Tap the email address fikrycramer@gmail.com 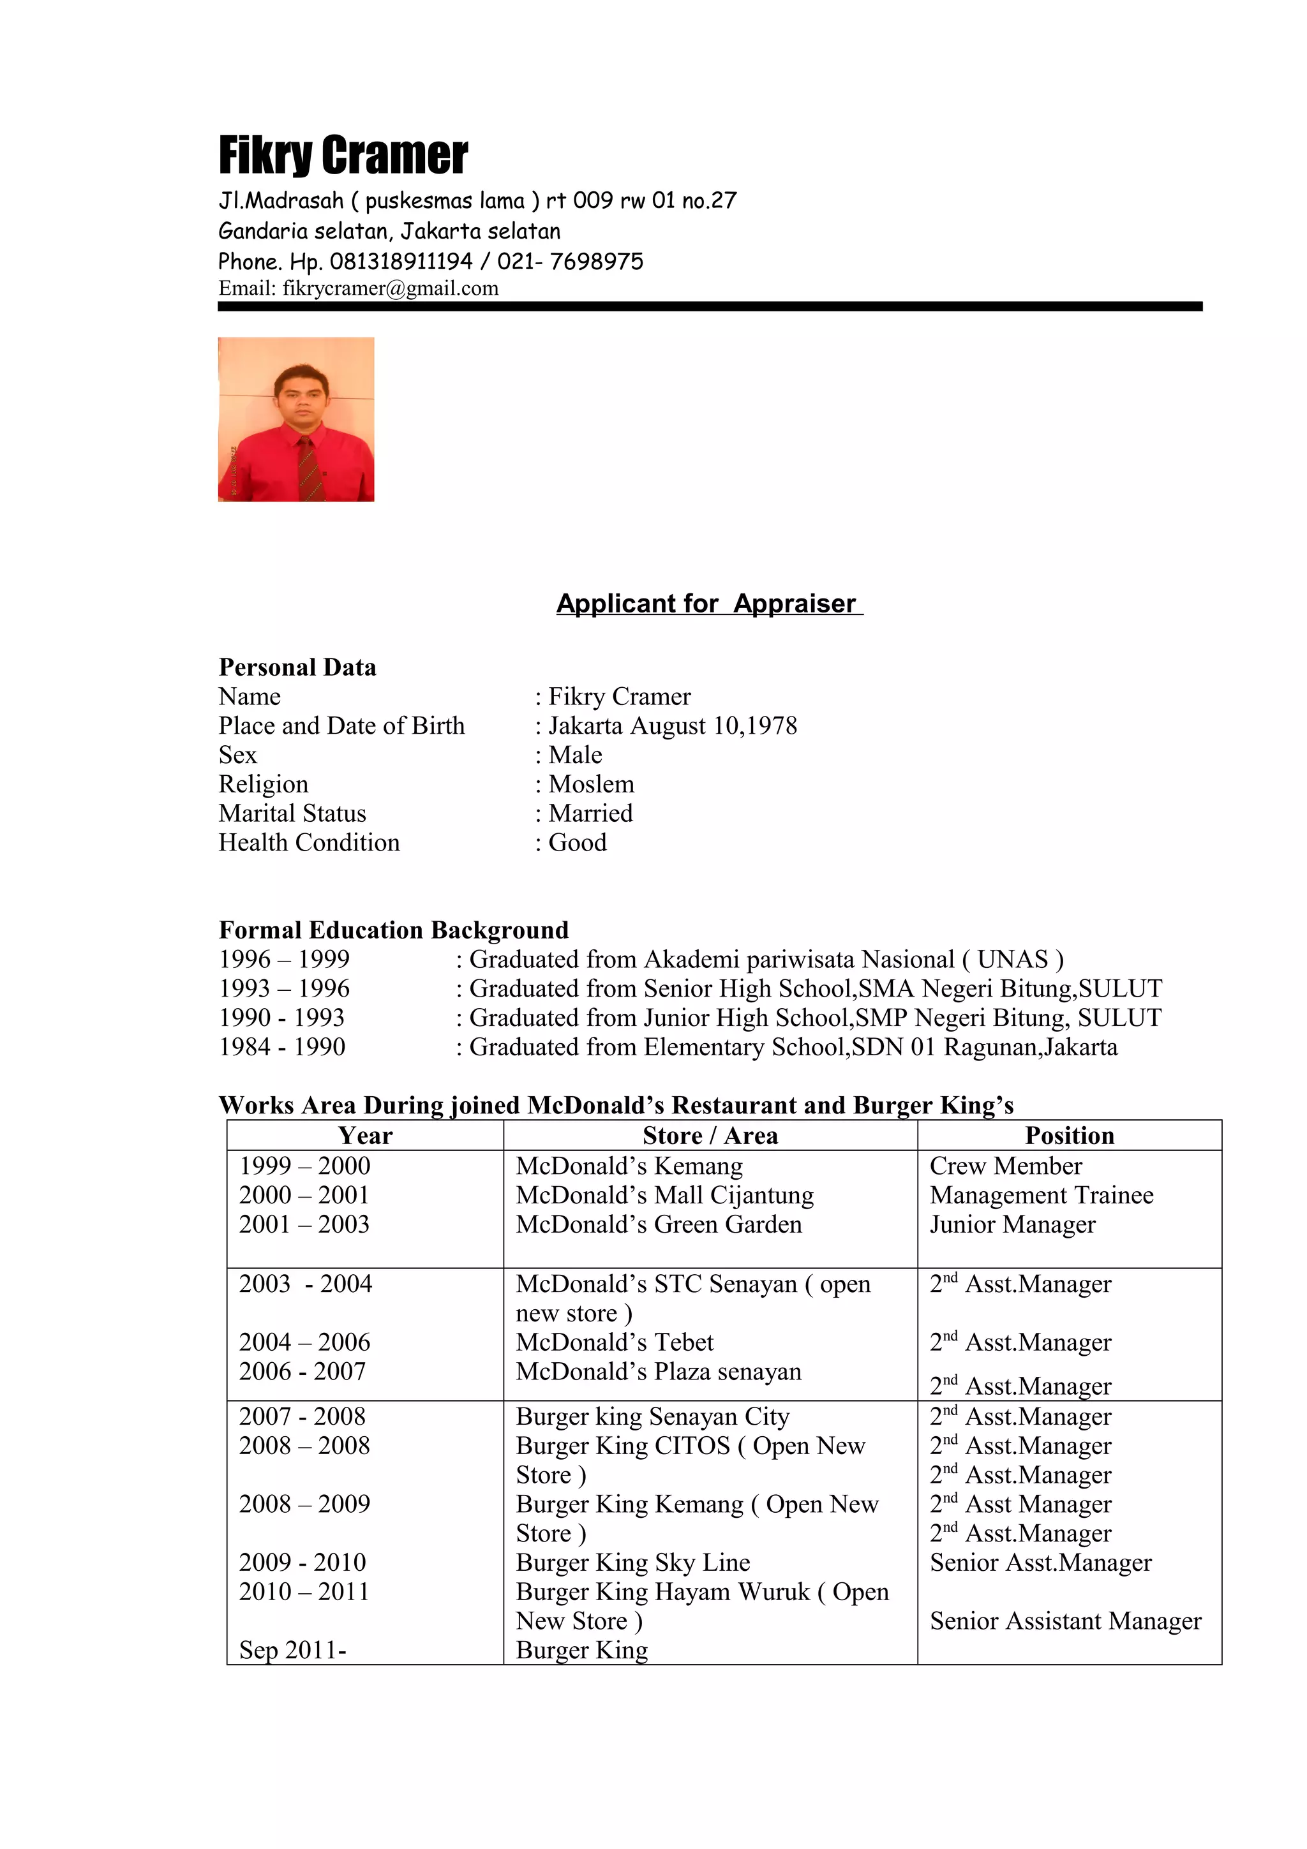390,288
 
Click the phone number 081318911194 400,262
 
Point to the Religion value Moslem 591,783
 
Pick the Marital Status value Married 590,813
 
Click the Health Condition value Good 578,842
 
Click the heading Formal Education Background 393,930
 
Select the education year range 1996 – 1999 284,959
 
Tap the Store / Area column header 710,1136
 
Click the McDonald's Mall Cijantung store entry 664,1195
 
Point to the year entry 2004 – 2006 304,1342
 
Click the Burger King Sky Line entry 632,1563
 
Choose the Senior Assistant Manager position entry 1064,1621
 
